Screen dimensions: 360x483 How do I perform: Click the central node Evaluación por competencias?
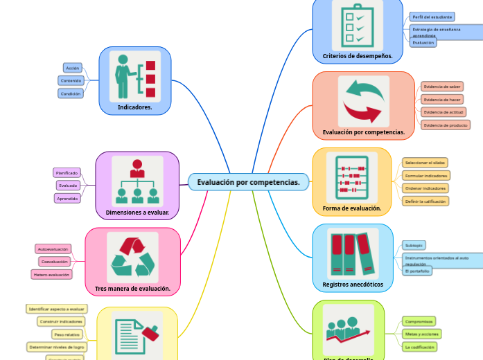[x=248, y=182]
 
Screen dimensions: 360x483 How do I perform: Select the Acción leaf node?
[x=72, y=68]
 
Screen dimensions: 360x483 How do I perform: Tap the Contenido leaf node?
[x=71, y=80]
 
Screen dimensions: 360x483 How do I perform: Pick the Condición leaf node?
[x=71, y=93]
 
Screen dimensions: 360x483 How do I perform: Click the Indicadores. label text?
[x=135, y=107]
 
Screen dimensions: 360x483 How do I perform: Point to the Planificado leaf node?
[x=67, y=172]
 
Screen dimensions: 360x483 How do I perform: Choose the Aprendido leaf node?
[x=68, y=198]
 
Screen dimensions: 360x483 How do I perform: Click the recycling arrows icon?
[x=132, y=257]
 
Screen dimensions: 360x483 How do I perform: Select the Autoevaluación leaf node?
[x=53, y=249]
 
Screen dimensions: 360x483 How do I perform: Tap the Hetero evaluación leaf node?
[x=52, y=274]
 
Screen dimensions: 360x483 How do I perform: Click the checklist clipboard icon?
[x=357, y=25]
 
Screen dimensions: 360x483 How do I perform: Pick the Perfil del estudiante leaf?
[x=432, y=17]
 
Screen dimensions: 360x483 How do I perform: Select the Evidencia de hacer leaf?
[x=442, y=99]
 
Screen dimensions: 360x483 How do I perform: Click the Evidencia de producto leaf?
[x=445, y=125]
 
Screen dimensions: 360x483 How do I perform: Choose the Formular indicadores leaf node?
[x=426, y=175]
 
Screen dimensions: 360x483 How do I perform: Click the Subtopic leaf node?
[x=414, y=245]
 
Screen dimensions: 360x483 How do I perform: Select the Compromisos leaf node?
[x=419, y=321]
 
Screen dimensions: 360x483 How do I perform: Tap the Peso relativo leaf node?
[x=67, y=334]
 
